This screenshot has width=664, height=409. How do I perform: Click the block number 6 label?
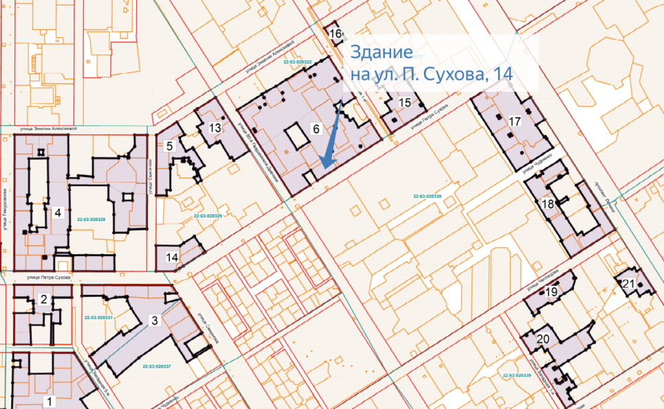(x=316, y=129)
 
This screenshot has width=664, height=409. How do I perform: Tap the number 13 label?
(x=215, y=128)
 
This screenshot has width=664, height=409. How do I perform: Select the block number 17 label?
(x=516, y=121)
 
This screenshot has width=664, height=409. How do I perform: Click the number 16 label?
(x=335, y=34)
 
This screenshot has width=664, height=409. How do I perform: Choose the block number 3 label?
(x=155, y=321)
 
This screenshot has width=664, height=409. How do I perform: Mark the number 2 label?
(x=43, y=299)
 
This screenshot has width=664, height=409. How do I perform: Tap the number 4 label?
(x=58, y=213)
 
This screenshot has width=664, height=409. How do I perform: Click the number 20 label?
(x=542, y=338)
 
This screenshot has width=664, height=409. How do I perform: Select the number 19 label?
(x=551, y=293)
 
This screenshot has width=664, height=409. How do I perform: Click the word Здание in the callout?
(x=381, y=52)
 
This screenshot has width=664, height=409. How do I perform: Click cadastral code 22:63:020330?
(x=427, y=196)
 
